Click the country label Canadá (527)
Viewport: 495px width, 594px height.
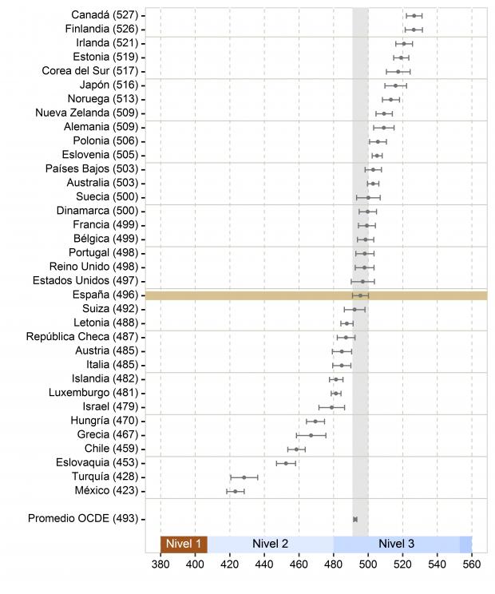(x=104, y=15)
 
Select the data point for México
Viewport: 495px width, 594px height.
(x=235, y=491)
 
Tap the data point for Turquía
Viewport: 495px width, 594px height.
(x=244, y=477)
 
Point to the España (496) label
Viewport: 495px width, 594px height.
(x=105, y=295)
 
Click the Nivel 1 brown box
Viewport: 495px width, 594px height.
(x=184, y=544)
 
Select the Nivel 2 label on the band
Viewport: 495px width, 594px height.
(x=270, y=544)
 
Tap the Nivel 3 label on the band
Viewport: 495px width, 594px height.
(x=396, y=544)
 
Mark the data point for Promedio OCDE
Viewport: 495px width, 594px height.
(x=355, y=520)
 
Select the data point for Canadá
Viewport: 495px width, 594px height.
(x=414, y=15)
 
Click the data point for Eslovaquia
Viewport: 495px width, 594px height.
(x=286, y=463)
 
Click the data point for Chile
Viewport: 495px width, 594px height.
(x=296, y=449)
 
